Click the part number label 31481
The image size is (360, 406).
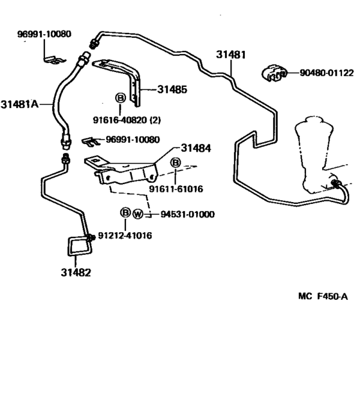coord(231,55)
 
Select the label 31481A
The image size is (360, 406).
coord(20,104)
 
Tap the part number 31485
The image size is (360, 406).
coord(172,89)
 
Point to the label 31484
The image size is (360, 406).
coord(195,149)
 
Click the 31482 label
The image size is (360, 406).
coord(76,272)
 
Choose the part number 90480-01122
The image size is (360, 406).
coord(326,73)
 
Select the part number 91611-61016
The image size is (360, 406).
coord(176,189)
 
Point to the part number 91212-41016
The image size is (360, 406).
coord(125,235)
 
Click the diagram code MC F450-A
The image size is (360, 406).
coord(323,297)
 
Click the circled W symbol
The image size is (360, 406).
coord(138,214)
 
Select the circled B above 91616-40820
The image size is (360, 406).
coord(120,98)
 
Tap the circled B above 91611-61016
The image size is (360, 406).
coord(175,164)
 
